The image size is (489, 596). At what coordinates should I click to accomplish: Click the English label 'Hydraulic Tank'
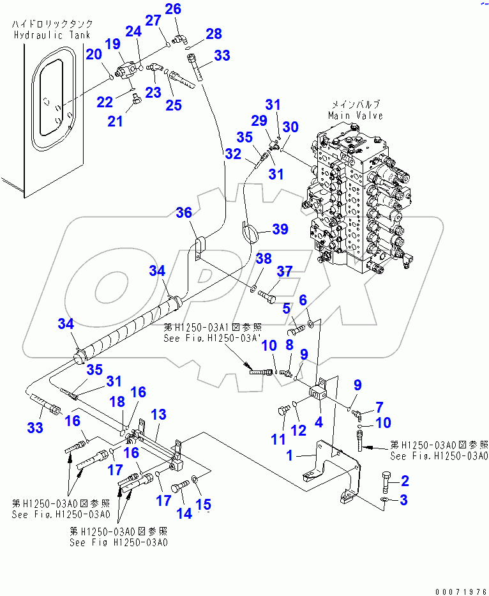(x=50, y=35)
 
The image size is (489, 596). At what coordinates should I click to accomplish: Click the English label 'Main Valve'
(x=356, y=116)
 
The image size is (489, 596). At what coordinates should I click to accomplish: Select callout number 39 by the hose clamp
(x=280, y=229)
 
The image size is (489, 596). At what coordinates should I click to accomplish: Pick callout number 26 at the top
(x=173, y=9)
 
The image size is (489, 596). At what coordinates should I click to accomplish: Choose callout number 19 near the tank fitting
(x=112, y=43)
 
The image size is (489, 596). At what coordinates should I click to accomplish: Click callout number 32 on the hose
(x=232, y=154)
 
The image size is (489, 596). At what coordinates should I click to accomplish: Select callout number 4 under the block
(x=318, y=422)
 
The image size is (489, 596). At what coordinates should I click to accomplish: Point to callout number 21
(x=115, y=120)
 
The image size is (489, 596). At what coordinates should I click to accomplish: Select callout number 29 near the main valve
(x=260, y=121)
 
